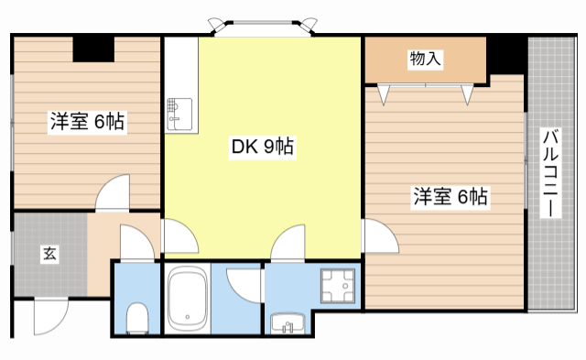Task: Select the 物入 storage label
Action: tap(426, 59)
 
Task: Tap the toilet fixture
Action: tap(136, 317)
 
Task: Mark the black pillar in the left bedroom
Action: tap(93, 49)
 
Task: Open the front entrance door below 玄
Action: tap(49, 317)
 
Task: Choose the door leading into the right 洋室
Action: tap(381, 239)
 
